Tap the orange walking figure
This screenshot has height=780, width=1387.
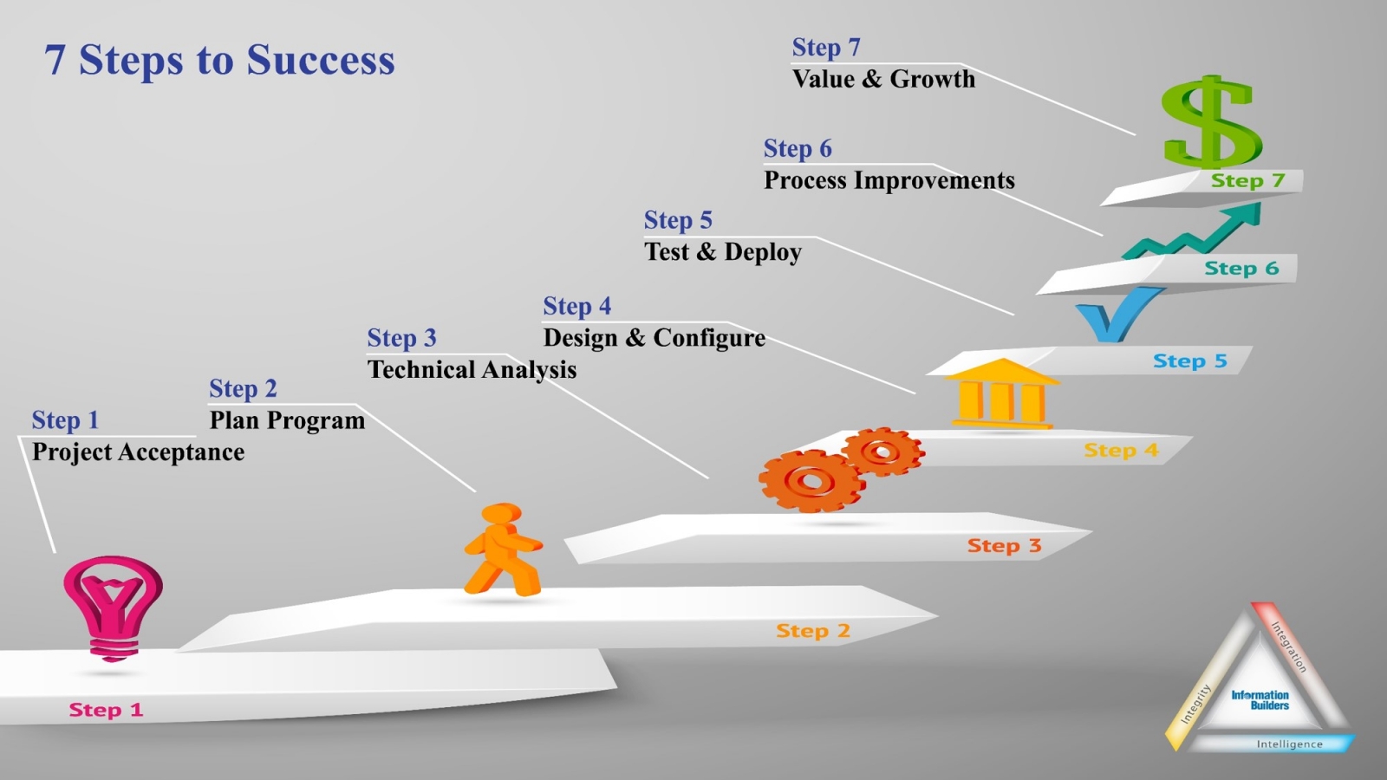tap(503, 550)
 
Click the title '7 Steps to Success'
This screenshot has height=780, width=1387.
tap(219, 60)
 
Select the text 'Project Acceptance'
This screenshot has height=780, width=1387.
tap(138, 452)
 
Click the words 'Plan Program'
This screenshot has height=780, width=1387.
tap(287, 420)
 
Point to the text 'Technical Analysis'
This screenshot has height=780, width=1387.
tap(472, 370)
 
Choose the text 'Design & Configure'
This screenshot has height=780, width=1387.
tap(654, 338)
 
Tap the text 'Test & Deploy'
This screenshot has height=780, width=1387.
tap(722, 252)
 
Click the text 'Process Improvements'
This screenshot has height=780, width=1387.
tap(889, 180)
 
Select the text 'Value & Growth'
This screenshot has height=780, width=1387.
tap(883, 79)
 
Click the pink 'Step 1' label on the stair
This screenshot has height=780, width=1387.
tap(106, 710)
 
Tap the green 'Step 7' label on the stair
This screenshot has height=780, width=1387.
tap(1247, 180)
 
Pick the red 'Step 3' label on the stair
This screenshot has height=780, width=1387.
tap(1004, 546)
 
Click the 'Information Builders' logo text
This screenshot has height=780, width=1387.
tap(1260, 700)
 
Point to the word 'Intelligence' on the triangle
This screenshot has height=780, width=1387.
tap(1289, 744)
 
